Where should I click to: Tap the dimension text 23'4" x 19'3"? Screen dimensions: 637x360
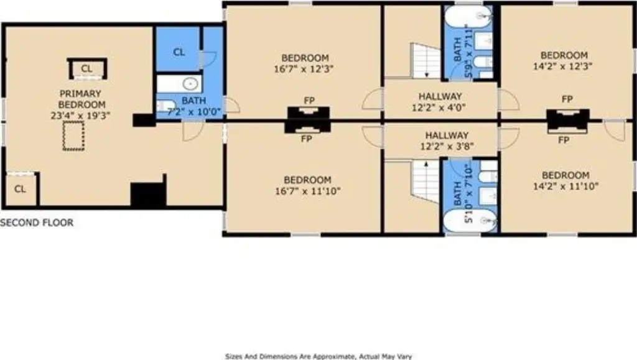(80, 116)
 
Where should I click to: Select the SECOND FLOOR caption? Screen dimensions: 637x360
(37, 223)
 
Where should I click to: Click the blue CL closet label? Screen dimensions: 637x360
(179, 52)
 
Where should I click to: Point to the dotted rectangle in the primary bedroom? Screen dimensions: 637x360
(73, 136)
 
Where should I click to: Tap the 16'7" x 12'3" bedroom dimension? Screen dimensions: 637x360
(304, 68)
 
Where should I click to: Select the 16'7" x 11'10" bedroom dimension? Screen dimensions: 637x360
(307, 190)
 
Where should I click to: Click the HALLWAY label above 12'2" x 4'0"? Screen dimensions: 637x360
(440, 96)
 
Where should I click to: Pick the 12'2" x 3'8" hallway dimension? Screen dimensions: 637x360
(447, 146)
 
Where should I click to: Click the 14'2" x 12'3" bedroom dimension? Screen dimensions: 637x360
(562, 66)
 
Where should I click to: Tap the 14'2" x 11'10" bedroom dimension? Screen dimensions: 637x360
(565, 187)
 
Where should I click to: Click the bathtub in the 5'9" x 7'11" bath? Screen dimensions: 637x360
(468, 16)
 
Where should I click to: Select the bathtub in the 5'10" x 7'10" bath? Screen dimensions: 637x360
(469, 221)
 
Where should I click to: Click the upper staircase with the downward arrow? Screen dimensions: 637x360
(425, 61)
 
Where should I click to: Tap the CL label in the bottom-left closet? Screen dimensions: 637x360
(20, 189)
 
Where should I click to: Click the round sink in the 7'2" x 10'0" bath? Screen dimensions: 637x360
(190, 84)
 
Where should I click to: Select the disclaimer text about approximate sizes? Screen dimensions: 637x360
(318, 356)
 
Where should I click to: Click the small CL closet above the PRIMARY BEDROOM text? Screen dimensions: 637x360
(87, 68)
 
